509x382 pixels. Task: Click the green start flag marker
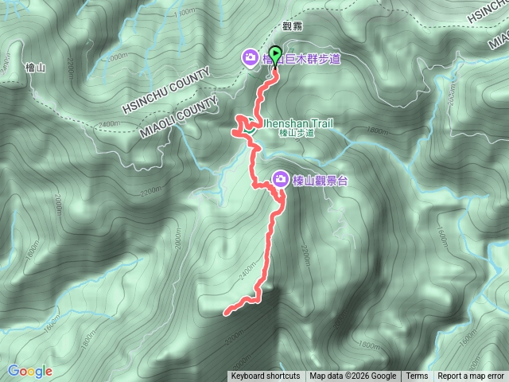click(275, 56)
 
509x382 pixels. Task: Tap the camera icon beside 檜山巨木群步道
click(250, 57)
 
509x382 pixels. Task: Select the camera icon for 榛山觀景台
click(280, 180)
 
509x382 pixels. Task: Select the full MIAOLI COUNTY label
click(179, 120)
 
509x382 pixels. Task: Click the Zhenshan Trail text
click(296, 123)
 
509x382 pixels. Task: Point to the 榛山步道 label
click(297, 134)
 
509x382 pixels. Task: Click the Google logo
click(30, 371)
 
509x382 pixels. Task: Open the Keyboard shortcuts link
click(266, 376)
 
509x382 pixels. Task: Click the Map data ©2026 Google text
click(353, 376)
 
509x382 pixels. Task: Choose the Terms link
click(417, 376)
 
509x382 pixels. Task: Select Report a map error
click(471, 376)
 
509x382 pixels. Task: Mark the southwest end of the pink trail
click(226, 313)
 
